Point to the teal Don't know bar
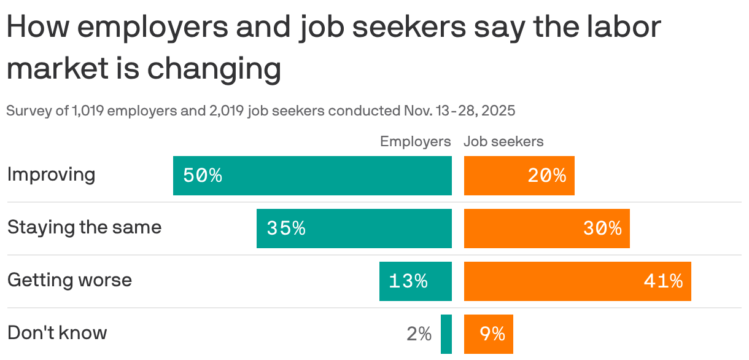click(446, 334)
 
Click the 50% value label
click(203, 176)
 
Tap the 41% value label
click(663, 281)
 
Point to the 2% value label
click(419, 334)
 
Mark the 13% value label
click(408, 281)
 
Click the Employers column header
click(416, 141)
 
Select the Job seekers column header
click(503, 141)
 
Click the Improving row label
click(52, 174)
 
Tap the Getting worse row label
click(69, 280)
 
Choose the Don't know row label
click(57, 333)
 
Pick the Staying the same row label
click(85, 227)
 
